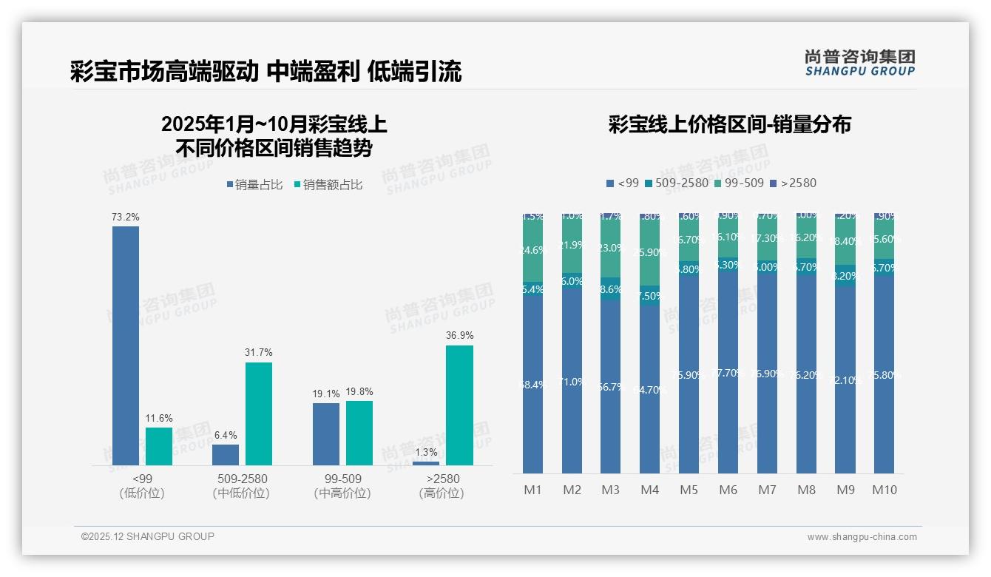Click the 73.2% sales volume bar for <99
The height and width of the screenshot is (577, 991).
126,345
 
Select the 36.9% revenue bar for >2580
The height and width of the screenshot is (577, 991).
459,405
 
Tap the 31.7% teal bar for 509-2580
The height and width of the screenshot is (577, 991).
259,414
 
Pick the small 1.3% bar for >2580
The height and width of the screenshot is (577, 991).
425,463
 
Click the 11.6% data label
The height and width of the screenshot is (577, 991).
158,419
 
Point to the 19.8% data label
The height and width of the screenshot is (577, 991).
359,392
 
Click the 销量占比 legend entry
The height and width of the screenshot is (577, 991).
254,185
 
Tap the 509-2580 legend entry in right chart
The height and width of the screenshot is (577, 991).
677,183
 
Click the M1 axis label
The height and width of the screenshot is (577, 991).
532,490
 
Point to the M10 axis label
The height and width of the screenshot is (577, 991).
885,490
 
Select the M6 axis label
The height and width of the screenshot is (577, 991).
728,490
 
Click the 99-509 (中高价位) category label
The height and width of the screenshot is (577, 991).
342,486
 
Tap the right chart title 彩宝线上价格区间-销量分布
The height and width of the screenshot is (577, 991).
729,124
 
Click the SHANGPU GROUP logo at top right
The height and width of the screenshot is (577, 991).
860,62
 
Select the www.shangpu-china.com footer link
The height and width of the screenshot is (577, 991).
862,537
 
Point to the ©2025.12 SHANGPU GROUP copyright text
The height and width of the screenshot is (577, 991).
148,537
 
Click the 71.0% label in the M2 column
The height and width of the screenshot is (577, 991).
572,382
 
